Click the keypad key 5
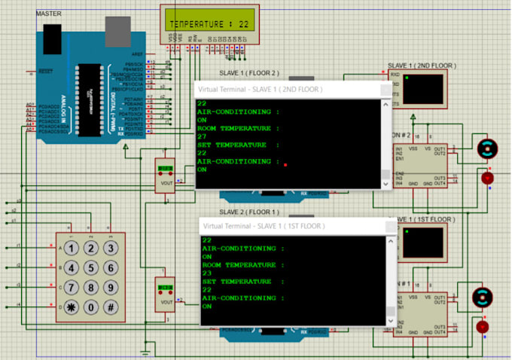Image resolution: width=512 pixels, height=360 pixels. tap(90, 268)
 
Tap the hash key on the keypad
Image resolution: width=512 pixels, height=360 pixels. tap(110, 307)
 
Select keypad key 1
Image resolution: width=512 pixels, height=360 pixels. tap(71, 249)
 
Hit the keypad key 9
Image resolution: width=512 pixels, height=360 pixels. tap(110, 288)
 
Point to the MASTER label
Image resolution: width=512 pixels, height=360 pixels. tap(49, 14)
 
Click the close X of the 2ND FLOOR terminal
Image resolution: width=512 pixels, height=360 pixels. tap(382, 89)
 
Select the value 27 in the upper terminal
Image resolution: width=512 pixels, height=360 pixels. tap(201, 136)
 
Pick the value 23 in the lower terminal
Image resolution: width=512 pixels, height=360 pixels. tap(206, 273)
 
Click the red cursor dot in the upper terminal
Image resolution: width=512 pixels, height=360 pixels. tap(285, 163)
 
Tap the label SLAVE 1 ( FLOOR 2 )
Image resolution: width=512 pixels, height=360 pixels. tap(248, 73)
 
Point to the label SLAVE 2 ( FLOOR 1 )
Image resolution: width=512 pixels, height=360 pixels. tap(248, 212)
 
